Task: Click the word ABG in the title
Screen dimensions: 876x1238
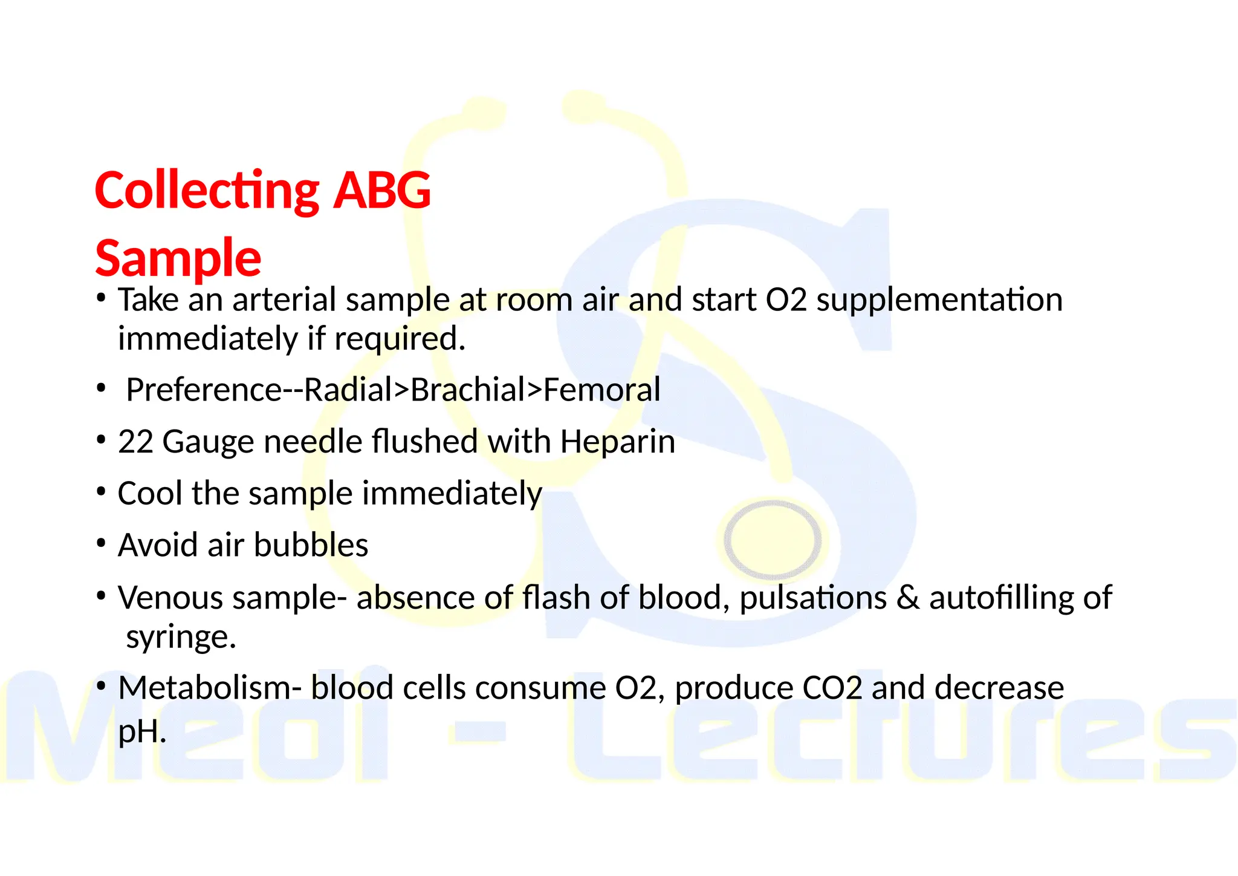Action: tap(382, 191)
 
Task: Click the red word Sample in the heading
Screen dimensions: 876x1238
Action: tap(178, 258)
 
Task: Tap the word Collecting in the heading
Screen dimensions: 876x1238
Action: tap(207, 191)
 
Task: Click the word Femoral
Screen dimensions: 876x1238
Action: tap(601, 390)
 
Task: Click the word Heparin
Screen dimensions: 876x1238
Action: tap(617, 442)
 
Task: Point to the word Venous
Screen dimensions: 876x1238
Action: tap(170, 598)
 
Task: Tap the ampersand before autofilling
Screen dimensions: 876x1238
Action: tap(907, 598)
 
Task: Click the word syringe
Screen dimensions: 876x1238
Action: tap(181, 637)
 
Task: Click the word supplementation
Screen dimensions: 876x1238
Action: tap(939, 300)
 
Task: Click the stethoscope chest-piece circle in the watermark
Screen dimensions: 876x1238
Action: tap(773, 538)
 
